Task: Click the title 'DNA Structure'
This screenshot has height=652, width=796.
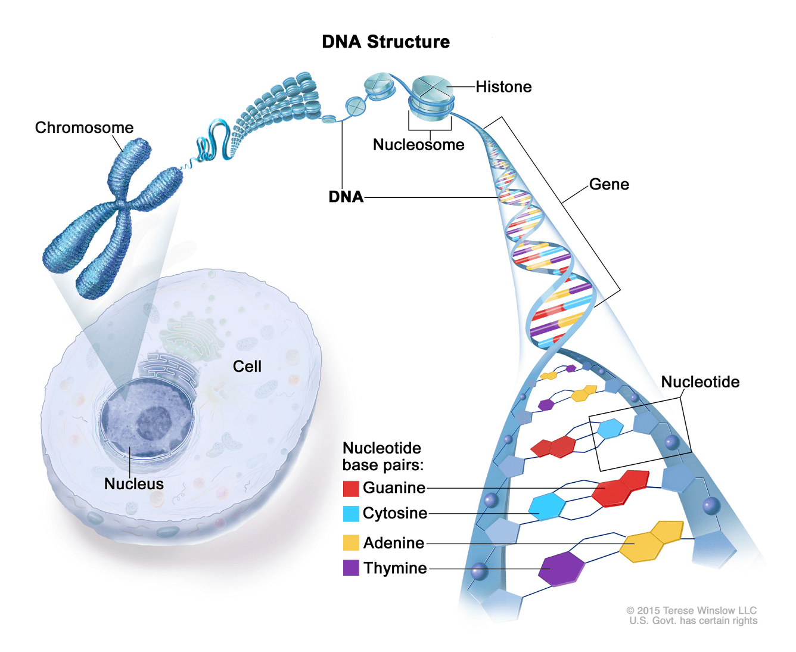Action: click(x=385, y=42)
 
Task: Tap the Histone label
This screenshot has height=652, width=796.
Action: click(x=503, y=87)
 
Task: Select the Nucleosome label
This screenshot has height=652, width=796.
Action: click(x=418, y=145)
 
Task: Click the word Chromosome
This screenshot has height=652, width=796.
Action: click(x=84, y=128)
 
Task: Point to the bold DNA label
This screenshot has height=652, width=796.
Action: click(x=346, y=197)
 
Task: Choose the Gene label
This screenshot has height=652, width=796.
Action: click(x=609, y=184)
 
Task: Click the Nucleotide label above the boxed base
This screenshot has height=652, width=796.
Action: click(x=700, y=382)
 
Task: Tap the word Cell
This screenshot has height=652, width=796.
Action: click(x=247, y=367)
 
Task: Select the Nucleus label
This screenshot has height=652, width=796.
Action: click(x=133, y=484)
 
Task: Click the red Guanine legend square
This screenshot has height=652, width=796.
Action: click(x=351, y=489)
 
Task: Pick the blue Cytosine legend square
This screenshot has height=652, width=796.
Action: click(x=351, y=514)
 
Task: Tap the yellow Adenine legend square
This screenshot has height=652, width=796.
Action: click(x=351, y=543)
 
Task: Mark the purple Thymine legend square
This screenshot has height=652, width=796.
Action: click(x=351, y=568)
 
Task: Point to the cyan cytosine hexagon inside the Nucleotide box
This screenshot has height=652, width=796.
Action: click(x=610, y=428)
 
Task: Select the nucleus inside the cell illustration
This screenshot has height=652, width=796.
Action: click(x=147, y=417)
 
